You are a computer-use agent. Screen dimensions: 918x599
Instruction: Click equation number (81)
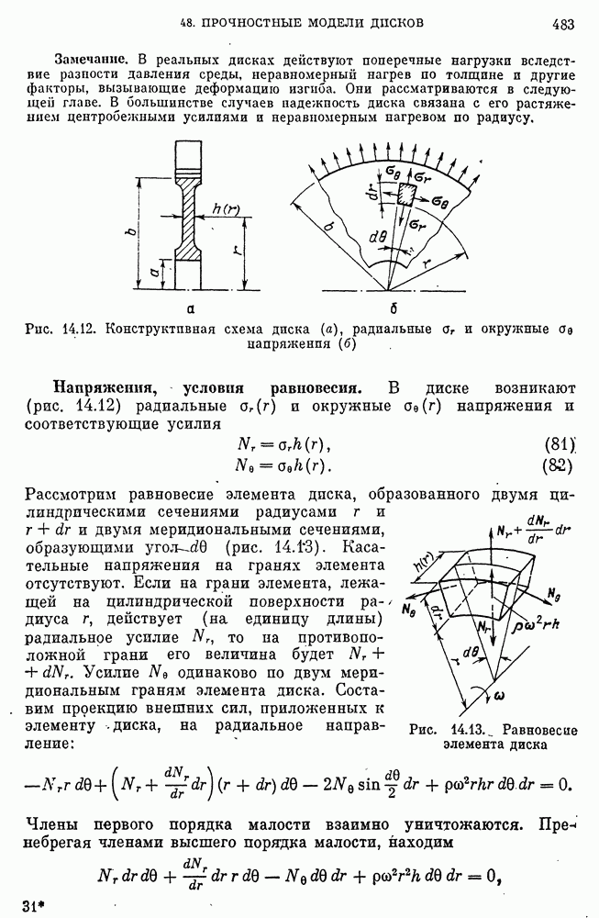[559, 444]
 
